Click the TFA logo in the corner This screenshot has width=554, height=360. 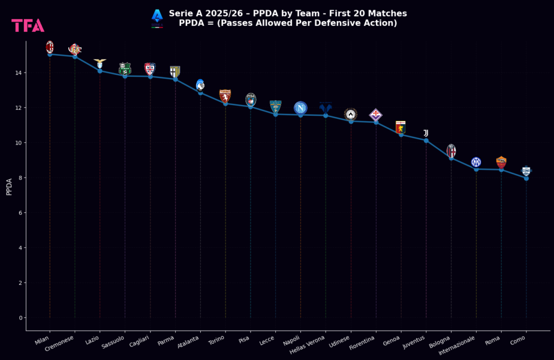28,25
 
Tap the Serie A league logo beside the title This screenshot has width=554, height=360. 157,17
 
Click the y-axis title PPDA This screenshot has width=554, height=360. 9,187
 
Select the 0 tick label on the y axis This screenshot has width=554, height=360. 20,318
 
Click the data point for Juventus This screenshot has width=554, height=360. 426,141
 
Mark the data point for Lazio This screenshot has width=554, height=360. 100,71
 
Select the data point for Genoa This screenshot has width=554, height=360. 401,134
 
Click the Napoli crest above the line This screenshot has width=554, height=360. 300,108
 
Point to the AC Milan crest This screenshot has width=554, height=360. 50,47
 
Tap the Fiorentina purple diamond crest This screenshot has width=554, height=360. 375,115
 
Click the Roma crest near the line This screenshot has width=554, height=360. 501,162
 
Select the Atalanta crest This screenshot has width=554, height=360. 200,84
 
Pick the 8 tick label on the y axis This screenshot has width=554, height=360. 20,178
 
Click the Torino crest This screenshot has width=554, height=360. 225,96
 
